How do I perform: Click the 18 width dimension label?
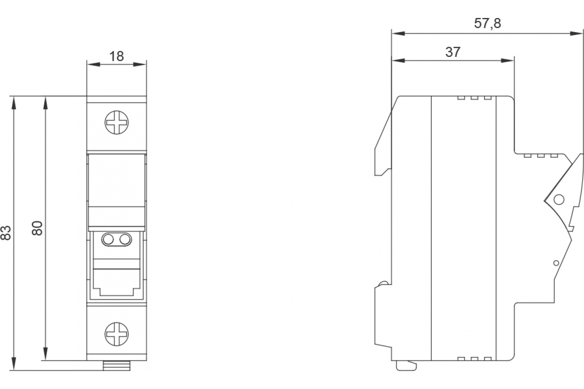(x=116, y=56)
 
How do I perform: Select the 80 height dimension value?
(x=37, y=228)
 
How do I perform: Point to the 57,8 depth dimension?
(x=487, y=23)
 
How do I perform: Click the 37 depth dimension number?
(x=453, y=52)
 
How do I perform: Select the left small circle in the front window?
(x=109, y=239)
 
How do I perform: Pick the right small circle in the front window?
(x=125, y=239)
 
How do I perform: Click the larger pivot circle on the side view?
(x=559, y=199)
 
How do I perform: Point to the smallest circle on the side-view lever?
(x=556, y=263)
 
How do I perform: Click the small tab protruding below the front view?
(x=117, y=365)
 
